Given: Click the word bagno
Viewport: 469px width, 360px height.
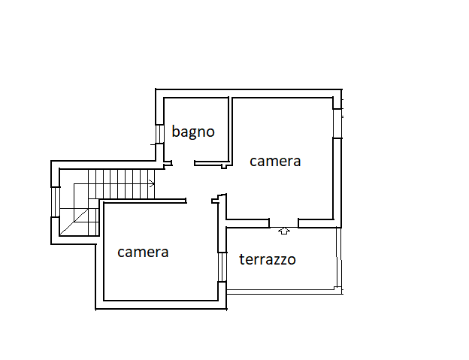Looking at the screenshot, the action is (193, 132).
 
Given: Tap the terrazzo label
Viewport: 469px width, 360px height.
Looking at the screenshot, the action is (268, 259).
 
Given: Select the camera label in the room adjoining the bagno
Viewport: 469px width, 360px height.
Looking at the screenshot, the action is (275, 162).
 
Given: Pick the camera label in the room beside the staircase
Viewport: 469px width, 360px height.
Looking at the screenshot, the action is (143, 253).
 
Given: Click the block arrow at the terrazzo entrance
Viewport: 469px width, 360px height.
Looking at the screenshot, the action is (284, 231).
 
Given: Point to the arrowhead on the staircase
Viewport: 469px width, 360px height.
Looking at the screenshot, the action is (152, 183).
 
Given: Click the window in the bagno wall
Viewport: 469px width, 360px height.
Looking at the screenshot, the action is (160, 134).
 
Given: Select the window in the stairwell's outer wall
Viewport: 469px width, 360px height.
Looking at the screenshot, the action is (56, 202).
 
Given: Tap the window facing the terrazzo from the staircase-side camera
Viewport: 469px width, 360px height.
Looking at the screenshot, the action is (222, 267).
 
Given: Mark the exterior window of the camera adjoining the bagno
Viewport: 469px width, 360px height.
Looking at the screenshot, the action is (337, 123).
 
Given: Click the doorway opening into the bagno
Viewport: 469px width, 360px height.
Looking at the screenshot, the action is (183, 163).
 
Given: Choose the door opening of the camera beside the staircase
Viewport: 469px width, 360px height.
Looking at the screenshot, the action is (199, 201).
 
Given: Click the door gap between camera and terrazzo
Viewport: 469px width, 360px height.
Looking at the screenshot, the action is (284, 223).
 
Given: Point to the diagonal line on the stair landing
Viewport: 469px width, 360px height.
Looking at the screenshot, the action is (74, 222).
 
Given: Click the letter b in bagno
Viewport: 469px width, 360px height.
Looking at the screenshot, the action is (176, 131).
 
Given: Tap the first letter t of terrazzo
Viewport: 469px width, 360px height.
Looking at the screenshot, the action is (242, 259).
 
